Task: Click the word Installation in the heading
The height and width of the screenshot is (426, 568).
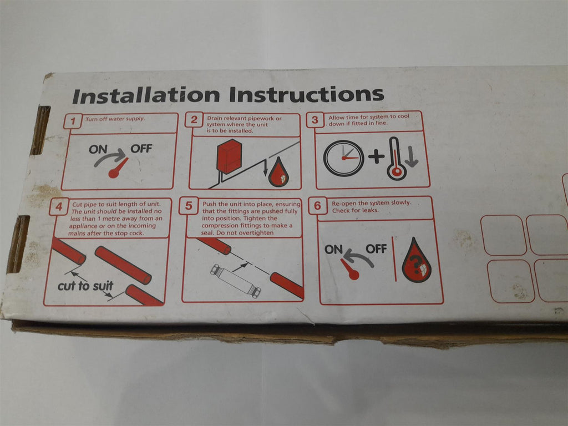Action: point(146,95)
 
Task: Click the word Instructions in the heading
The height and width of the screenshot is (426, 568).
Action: point(306,94)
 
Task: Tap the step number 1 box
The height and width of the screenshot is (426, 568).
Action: point(73,120)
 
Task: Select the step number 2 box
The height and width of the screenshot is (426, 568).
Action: point(194,120)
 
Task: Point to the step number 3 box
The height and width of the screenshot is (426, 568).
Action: point(315,119)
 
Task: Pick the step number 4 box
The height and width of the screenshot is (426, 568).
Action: point(59,206)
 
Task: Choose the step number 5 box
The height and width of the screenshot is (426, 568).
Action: point(189,206)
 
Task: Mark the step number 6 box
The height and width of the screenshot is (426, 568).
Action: point(318,206)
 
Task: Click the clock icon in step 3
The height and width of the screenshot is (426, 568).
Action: point(343,158)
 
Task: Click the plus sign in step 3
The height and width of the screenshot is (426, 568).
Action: point(377,156)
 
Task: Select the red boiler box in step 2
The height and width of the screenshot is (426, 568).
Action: point(229,157)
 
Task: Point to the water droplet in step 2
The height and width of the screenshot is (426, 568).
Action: point(278,173)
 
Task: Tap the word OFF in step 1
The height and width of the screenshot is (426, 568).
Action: point(141,149)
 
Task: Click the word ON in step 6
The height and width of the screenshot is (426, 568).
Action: point(333,250)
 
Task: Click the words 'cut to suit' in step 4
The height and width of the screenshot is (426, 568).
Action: point(85,286)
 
